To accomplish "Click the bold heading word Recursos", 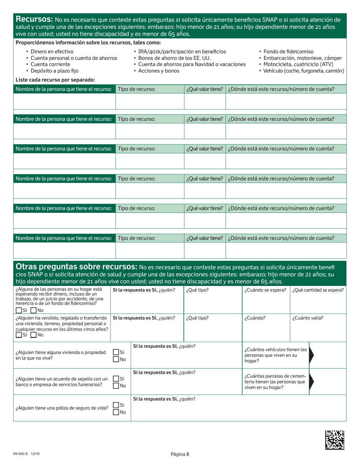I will click(33, 19).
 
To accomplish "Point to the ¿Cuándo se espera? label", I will click(265, 291).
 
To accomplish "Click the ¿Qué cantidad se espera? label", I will click(318, 291).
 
